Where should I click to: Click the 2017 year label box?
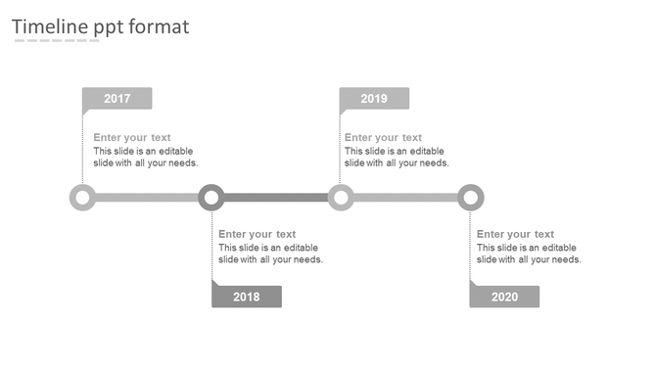(117, 99)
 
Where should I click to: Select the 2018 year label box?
(247, 297)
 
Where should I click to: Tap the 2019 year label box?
(374, 99)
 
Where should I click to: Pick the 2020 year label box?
(504, 297)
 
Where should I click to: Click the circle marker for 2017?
(82, 198)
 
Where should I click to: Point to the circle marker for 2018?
(211, 198)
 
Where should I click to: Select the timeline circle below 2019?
(340, 198)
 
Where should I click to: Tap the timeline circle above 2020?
(471, 198)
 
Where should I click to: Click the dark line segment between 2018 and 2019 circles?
(276, 198)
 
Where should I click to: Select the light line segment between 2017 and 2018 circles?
(147, 198)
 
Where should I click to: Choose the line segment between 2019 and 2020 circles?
(405, 198)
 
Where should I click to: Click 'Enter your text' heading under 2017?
(132, 138)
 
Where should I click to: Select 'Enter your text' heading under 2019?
(383, 138)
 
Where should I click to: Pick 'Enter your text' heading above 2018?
(257, 234)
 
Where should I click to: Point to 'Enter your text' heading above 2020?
(515, 234)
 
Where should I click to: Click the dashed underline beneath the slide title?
(56, 42)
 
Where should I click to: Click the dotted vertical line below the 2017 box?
(82, 147)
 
